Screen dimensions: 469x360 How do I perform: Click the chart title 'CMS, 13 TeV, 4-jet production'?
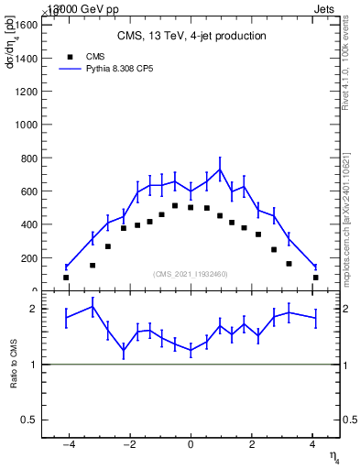(191, 37)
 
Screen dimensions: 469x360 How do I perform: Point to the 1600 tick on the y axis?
(26, 25)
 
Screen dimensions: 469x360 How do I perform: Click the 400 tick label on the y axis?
(28, 224)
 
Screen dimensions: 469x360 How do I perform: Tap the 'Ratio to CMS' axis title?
(14, 364)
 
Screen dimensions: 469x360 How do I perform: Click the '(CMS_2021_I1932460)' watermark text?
(191, 274)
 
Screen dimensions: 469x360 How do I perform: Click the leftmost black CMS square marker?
(66, 277)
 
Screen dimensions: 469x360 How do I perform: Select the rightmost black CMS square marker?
(315, 277)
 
